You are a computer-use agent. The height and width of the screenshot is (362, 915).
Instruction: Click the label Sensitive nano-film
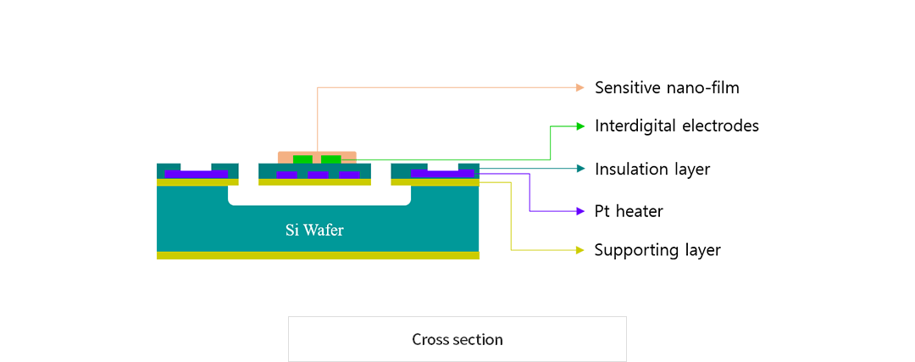(667, 87)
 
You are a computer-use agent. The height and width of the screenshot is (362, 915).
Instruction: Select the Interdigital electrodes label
(677, 125)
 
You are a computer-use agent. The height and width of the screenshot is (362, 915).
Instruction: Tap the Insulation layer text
(652, 170)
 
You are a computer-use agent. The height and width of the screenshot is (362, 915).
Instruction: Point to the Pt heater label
(629, 211)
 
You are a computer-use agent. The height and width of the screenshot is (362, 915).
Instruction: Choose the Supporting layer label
(657, 250)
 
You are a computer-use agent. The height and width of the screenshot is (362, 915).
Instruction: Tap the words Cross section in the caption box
(457, 339)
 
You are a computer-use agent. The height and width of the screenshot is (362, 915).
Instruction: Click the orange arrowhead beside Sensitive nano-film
(580, 87)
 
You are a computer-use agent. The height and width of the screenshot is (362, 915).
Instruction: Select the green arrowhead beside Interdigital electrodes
(580, 126)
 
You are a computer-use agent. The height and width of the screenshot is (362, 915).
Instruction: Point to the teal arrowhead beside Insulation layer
(580, 169)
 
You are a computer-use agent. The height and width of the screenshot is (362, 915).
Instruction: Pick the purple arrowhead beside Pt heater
(580, 211)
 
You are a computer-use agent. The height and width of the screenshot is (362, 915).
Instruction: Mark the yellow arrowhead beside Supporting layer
(580, 250)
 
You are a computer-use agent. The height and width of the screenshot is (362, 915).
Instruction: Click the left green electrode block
(302, 159)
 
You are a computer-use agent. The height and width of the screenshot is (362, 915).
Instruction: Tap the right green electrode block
(331, 159)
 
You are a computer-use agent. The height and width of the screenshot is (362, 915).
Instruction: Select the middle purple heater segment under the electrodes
(318, 175)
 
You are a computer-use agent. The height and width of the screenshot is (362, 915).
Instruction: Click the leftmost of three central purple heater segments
(286, 175)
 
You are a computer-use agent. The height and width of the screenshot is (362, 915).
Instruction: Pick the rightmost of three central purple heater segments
(350, 175)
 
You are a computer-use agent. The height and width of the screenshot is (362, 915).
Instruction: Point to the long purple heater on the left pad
(196, 174)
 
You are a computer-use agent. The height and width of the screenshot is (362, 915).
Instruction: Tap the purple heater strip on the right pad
(442, 173)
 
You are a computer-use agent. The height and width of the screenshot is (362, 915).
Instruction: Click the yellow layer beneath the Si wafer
(318, 255)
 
